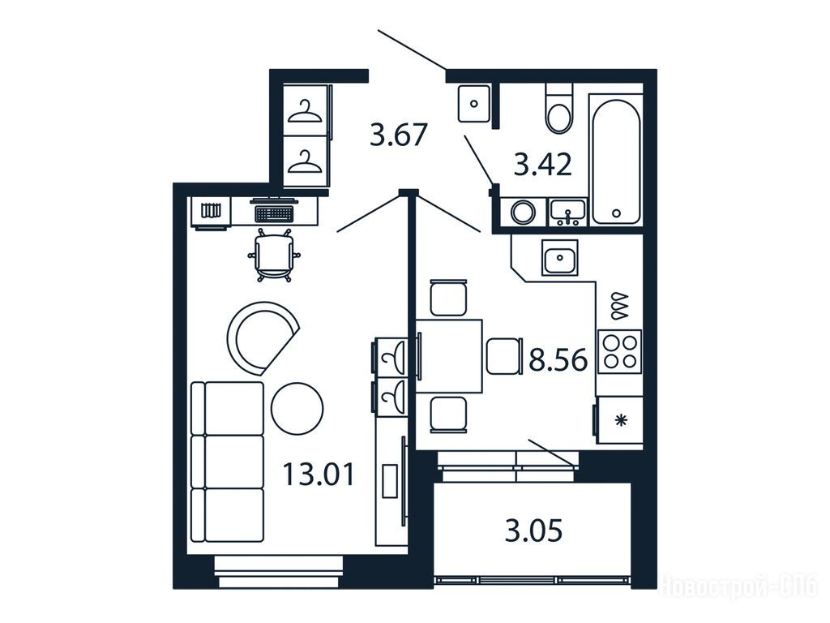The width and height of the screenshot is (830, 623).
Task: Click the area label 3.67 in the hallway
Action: (398, 135)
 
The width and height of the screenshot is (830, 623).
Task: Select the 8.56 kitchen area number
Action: (558, 360)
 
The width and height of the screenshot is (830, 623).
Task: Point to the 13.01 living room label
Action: (318, 474)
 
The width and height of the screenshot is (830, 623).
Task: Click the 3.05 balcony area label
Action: (533, 531)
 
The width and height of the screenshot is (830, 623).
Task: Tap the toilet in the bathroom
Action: (559, 109)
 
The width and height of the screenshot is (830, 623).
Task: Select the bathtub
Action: (616, 161)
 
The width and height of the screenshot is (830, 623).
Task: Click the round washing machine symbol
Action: (523, 212)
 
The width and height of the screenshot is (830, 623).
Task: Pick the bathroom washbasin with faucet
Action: (567, 212)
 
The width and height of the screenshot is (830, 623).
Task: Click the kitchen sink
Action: (559, 257)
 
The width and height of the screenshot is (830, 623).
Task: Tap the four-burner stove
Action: (620, 351)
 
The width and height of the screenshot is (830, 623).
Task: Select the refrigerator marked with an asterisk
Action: (619, 420)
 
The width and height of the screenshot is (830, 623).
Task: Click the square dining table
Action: (449, 355)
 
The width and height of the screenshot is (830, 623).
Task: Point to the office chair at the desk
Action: (274, 256)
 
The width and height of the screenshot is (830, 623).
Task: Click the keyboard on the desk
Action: (274, 214)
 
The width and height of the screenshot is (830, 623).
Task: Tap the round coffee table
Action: (297, 409)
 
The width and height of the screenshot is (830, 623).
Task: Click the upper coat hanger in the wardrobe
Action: (305, 112)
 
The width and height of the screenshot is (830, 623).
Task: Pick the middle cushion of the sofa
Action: (228, 462)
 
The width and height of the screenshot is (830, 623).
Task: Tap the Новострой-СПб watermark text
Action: (740, 588)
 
